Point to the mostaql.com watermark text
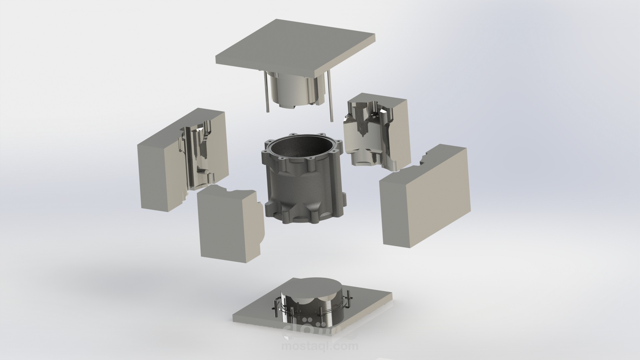(x=320, y=347)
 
